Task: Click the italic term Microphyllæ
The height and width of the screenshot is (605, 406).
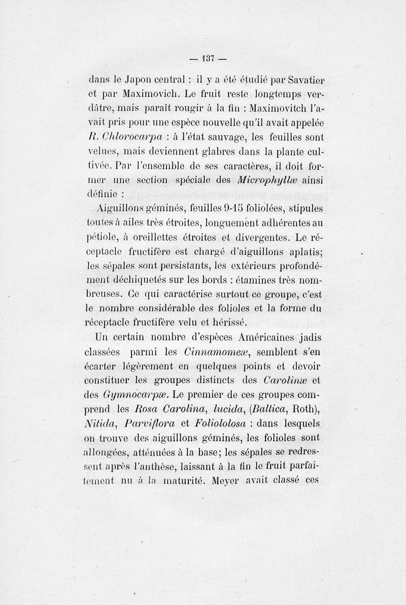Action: point(265,180)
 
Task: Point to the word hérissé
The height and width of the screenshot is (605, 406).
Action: point(227,322)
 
